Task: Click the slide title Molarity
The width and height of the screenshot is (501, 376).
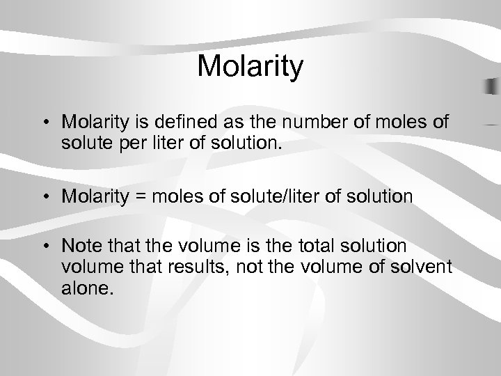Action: pyautogui.click(x=250, y=68)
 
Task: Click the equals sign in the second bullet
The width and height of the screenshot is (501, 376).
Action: pyautogui.click(x=141, y=196)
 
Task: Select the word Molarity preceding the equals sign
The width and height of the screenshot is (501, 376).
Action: pyautogui.click(x=94, y=196)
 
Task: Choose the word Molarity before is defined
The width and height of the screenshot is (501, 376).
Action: pyautogui.click(x=94, y=123)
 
